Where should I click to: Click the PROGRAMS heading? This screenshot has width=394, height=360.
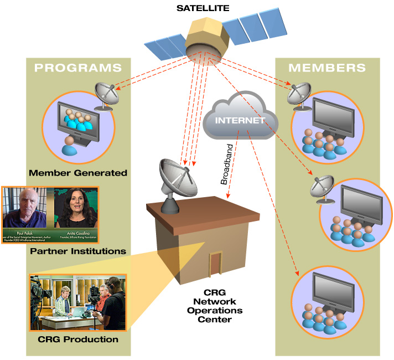tap(78, 68)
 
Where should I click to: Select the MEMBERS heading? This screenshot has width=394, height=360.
tap(327, 68)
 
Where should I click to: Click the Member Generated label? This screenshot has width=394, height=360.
tap(78, 173)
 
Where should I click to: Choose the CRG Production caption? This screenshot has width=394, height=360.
tap(78, 339)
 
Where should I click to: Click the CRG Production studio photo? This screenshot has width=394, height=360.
tap(78, 302)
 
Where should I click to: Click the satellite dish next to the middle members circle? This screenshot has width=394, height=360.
tap(323, 188)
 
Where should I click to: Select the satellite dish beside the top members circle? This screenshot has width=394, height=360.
tap(299, 94)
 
